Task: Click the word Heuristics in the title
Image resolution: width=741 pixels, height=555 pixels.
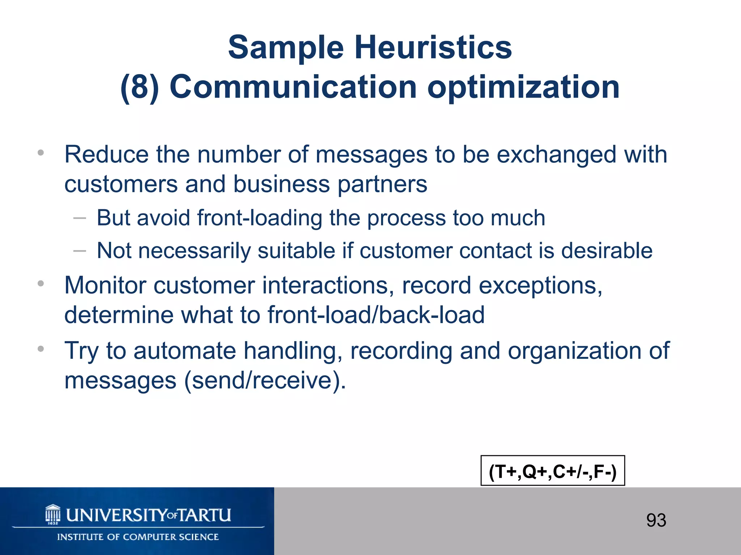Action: (x=433, y=48)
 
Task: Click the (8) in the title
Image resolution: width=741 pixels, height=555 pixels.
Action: (x=140, y=87)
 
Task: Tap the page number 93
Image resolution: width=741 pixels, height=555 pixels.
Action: (x=656, y=520)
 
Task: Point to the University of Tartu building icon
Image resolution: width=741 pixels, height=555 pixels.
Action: (x=53, y=515)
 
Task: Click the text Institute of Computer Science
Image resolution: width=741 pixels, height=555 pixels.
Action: (x=138, y=537)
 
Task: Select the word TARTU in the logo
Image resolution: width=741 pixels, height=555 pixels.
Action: (x=205, y=515)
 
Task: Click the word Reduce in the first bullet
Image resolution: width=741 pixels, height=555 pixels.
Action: (x=106, y=155)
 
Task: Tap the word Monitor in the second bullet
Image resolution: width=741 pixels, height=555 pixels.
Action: (x=105, y=285)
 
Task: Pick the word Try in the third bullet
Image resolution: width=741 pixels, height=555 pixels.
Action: (x=81, y=351)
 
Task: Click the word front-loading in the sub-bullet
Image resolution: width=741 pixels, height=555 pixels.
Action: (x=259, y=218)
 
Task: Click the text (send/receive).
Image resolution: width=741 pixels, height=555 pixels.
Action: (x=265, y=380)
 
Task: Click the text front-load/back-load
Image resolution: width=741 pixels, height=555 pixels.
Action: (x=376, y=315)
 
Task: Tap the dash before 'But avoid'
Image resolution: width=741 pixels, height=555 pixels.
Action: (x=80, y=218)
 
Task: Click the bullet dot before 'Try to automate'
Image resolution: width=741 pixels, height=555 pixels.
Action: (x=41, y=349)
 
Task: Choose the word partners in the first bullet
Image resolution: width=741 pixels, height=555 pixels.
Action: (x=382, y=184)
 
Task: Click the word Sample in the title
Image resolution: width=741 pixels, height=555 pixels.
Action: (x=286, y=48)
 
